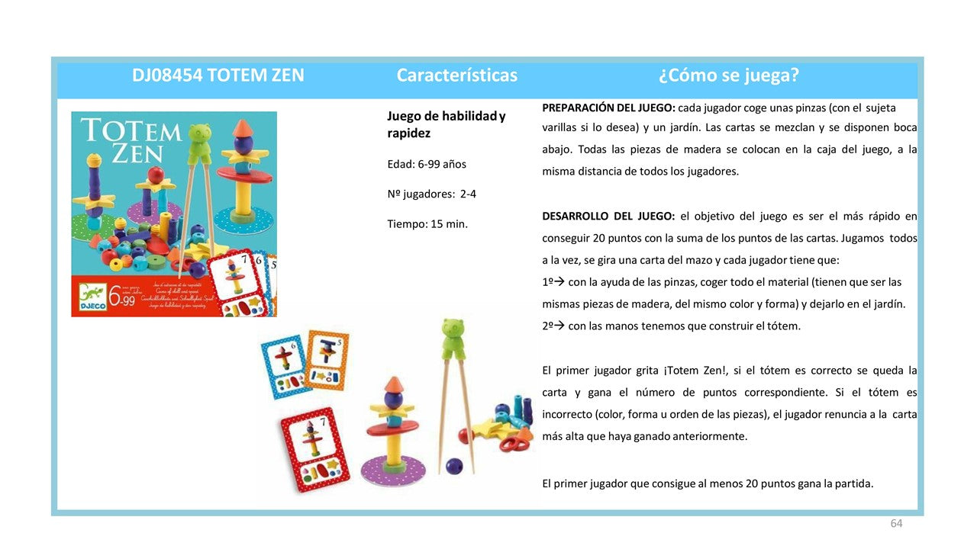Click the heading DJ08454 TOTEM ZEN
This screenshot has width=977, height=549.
218,75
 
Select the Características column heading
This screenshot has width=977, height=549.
456,75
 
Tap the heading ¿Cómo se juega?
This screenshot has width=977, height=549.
728,75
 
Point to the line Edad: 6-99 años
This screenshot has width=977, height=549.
427,164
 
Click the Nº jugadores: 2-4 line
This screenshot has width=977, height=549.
431,194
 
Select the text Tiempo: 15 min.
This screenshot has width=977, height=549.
427,223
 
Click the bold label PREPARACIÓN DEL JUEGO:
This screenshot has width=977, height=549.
608,108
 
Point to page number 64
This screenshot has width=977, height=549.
896,523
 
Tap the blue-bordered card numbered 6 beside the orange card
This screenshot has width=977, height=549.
286,367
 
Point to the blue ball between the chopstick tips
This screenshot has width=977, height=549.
454,464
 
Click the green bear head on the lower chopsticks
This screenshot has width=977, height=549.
454,336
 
